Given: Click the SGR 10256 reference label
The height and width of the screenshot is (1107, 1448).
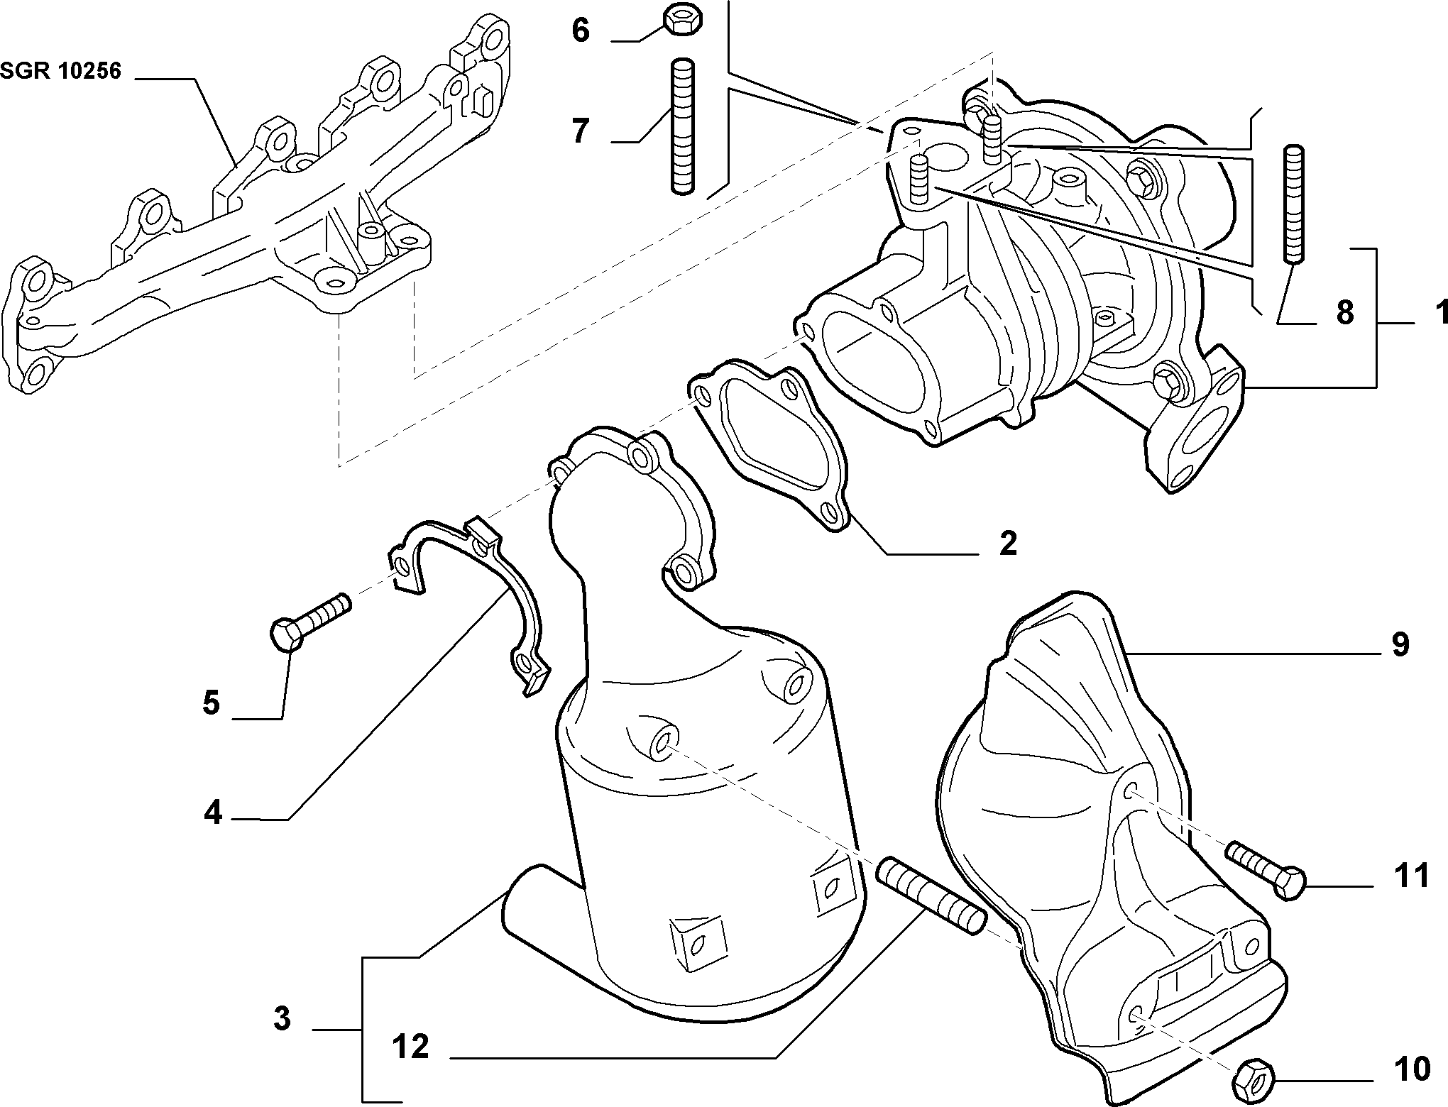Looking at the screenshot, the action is [x=61, y=71].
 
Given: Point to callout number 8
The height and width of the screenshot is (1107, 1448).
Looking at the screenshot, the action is [x=1344, y=313].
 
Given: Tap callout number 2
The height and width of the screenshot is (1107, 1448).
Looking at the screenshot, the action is [x=1008, y=544].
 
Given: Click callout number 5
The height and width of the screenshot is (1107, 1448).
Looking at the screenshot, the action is [x=211, y=703].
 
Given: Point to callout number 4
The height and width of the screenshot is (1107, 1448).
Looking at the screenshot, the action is [x=213, y=813].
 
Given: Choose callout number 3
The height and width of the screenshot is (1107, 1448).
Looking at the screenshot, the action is [x=282, y=1020].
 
